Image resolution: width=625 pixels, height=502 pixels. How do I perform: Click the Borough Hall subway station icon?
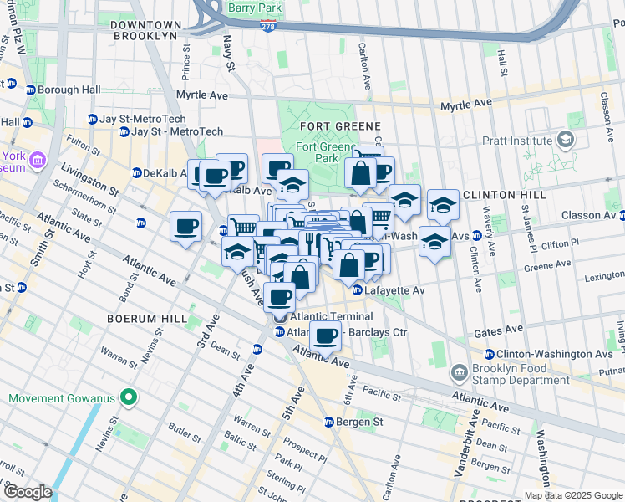30,90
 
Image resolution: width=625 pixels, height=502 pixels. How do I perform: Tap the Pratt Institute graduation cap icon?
567,139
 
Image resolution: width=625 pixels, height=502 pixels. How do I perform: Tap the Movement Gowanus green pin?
127,396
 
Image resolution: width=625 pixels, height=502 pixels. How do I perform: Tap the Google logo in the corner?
28,492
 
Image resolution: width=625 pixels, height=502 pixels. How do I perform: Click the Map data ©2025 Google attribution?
573,495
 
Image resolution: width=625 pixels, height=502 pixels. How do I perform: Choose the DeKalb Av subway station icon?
136,173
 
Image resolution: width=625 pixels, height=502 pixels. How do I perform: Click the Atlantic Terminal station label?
328,317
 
